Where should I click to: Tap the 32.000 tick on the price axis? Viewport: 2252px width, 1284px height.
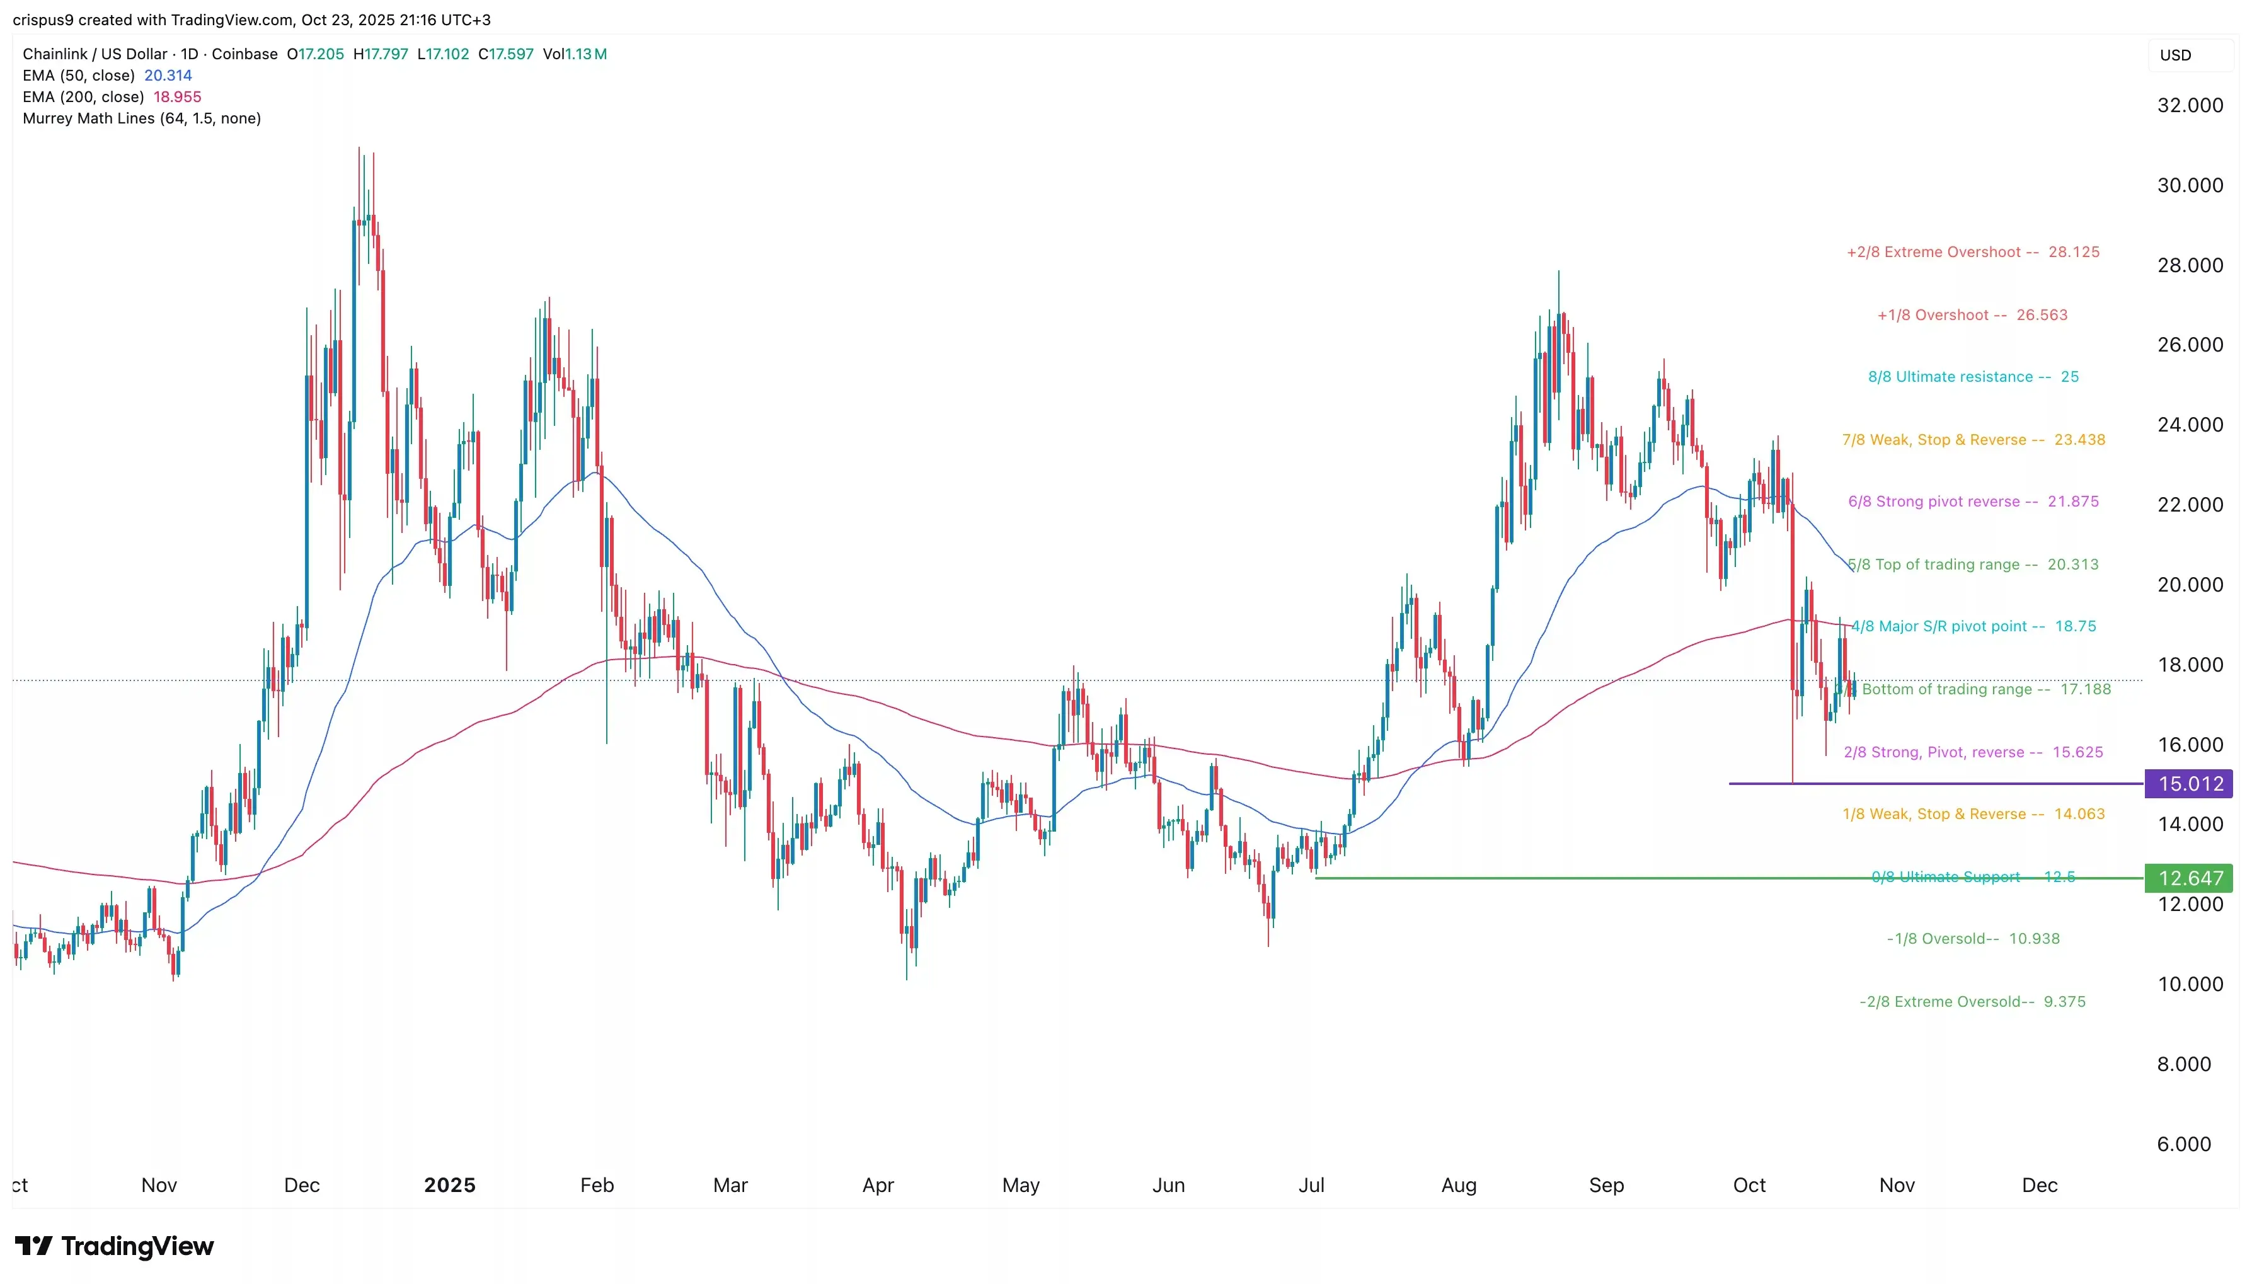[x=2190, y=105]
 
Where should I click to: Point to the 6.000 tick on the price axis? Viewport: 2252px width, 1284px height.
[x=2183, y=1144]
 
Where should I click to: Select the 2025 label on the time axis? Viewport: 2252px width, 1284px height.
[x=450, y=1184]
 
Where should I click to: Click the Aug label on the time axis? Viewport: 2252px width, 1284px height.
[x=1459, y=1184]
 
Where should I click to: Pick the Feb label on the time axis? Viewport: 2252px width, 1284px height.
[x=597, y=1184]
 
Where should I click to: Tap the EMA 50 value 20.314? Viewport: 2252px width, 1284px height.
[x=168, y=75]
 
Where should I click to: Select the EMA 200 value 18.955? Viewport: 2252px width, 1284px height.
[x=177, y=97]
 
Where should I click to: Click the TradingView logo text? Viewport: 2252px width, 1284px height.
[x=137, y=1246]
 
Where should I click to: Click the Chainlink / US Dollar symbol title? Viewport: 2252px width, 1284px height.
[x=95, y=54]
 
